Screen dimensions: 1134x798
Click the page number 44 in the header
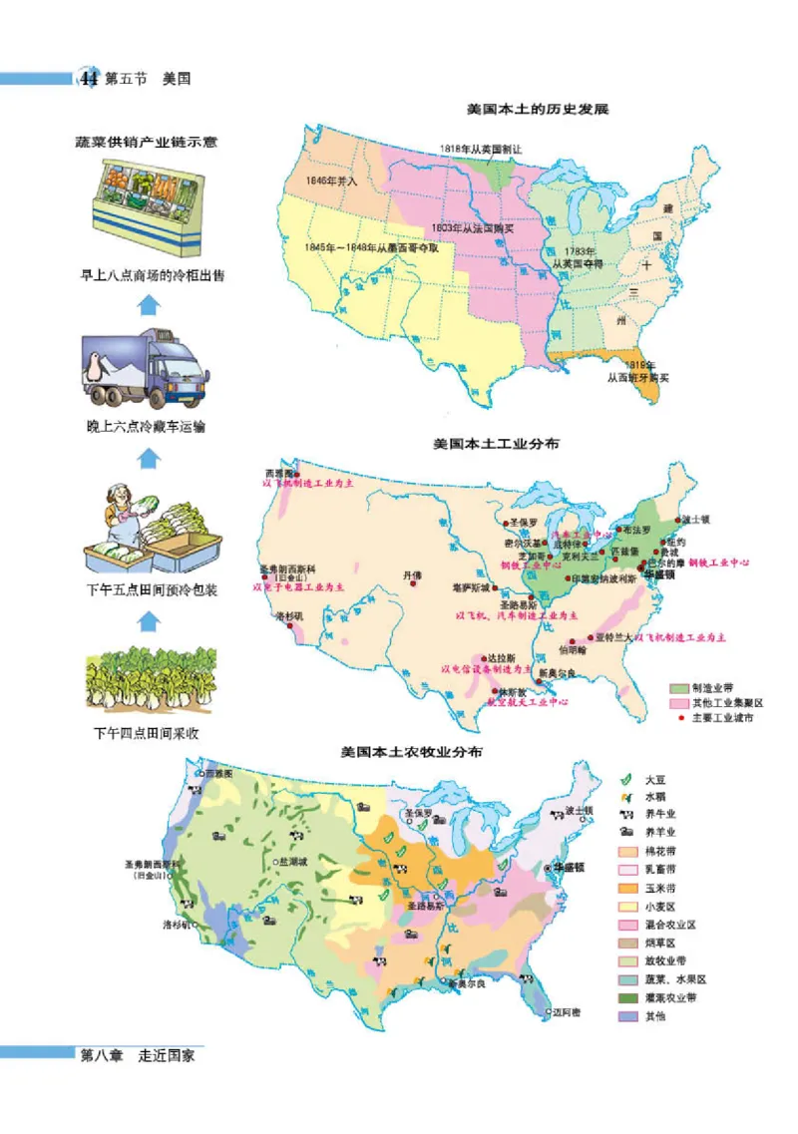pyautogui.click(x=89, y=79)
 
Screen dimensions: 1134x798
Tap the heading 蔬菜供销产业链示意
pyautogui.click(x=147, y=142)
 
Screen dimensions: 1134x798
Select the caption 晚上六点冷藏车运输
pyautogui.click(x=147, y=429)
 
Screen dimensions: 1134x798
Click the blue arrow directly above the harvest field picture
pyautogui.click(x=148, y=621)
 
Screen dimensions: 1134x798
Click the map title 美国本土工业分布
pyautogui.click(x=497, y=444)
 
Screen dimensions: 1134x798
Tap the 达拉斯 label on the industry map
pyautogui.click(x=501, y=659)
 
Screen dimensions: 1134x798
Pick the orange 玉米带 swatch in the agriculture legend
pyautogui.click(x=627, y=889)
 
